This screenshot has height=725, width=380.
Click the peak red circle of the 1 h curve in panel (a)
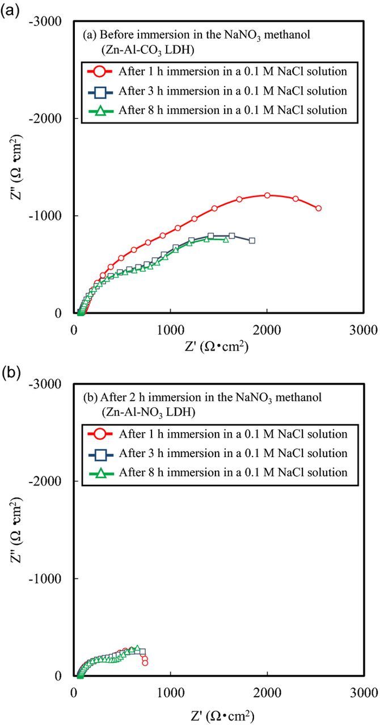(267, 195)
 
